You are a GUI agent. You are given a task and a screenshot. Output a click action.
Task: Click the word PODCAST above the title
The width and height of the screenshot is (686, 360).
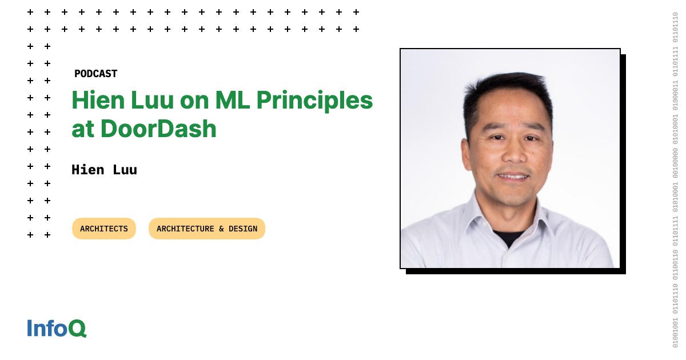(95, 74)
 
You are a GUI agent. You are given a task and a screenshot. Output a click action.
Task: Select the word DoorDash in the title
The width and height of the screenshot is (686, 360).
(159, 129)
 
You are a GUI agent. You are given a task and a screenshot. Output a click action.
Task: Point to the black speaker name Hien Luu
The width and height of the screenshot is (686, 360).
(104, 170)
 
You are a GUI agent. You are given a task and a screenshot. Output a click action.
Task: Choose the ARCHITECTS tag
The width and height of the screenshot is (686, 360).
(104, 229)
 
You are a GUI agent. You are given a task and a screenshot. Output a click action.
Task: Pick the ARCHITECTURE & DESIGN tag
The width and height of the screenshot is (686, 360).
(207, 229)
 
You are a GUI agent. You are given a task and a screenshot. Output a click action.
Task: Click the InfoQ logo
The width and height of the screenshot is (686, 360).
(57, 328)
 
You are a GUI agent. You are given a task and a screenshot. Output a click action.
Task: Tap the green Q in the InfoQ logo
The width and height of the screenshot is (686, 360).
(78, 329)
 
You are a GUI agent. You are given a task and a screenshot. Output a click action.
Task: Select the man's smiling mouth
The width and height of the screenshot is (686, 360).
(513, 177)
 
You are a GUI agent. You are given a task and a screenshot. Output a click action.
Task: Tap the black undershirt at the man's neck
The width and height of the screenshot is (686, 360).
(508, 237)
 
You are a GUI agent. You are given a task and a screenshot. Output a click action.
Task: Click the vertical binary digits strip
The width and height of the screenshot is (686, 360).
(675, 180)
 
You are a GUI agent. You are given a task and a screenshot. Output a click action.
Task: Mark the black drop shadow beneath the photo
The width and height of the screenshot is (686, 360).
(514, 271)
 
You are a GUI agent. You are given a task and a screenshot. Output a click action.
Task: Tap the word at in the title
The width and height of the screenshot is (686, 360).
(83, 129)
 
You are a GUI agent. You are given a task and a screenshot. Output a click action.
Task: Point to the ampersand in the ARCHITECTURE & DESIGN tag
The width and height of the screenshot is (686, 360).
(221, 229)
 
